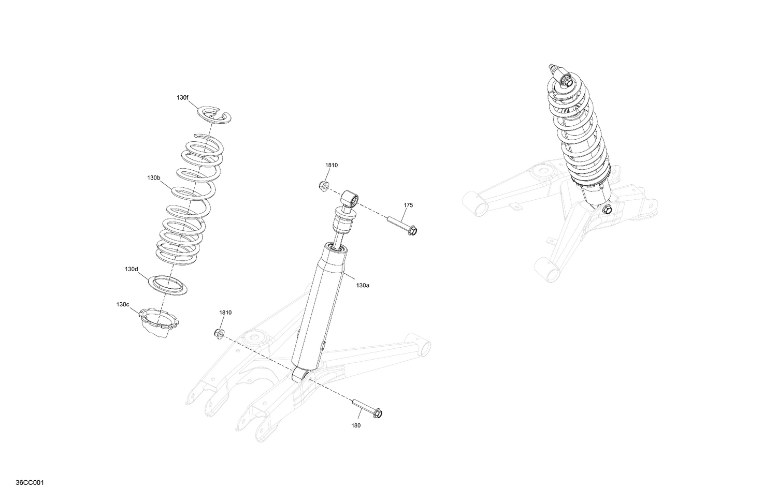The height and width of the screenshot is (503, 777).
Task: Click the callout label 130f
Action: (182, 97)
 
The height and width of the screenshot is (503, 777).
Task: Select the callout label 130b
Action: (153, 177)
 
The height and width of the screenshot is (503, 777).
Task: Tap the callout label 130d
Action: (132, 269)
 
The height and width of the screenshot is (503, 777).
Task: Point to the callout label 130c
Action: (123, 305)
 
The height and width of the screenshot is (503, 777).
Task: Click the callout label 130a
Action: (362, 285)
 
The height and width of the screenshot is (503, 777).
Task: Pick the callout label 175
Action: (408, 205)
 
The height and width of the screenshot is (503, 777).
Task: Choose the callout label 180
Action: (356, 425)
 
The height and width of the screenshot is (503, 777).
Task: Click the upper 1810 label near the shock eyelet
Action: (332, 165)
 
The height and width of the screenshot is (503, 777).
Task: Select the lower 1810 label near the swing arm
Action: (225, 313)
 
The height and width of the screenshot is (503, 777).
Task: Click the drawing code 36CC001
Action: (30, 483)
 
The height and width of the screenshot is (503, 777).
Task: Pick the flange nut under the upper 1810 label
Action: (323, 185)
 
